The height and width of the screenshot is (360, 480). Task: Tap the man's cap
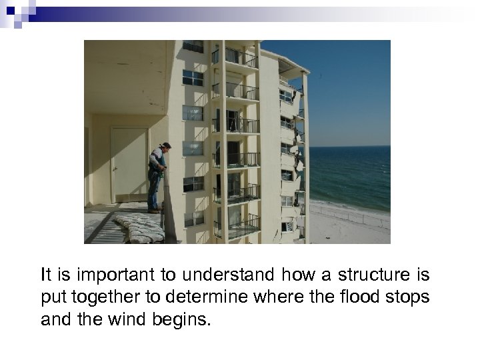[x=165, y=145]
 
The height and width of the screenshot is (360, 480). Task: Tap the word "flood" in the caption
[x=357, y=297]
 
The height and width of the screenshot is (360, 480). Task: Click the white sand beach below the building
[x=350, y=227]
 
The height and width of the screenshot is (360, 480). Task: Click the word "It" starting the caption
[x=45, y=275]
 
